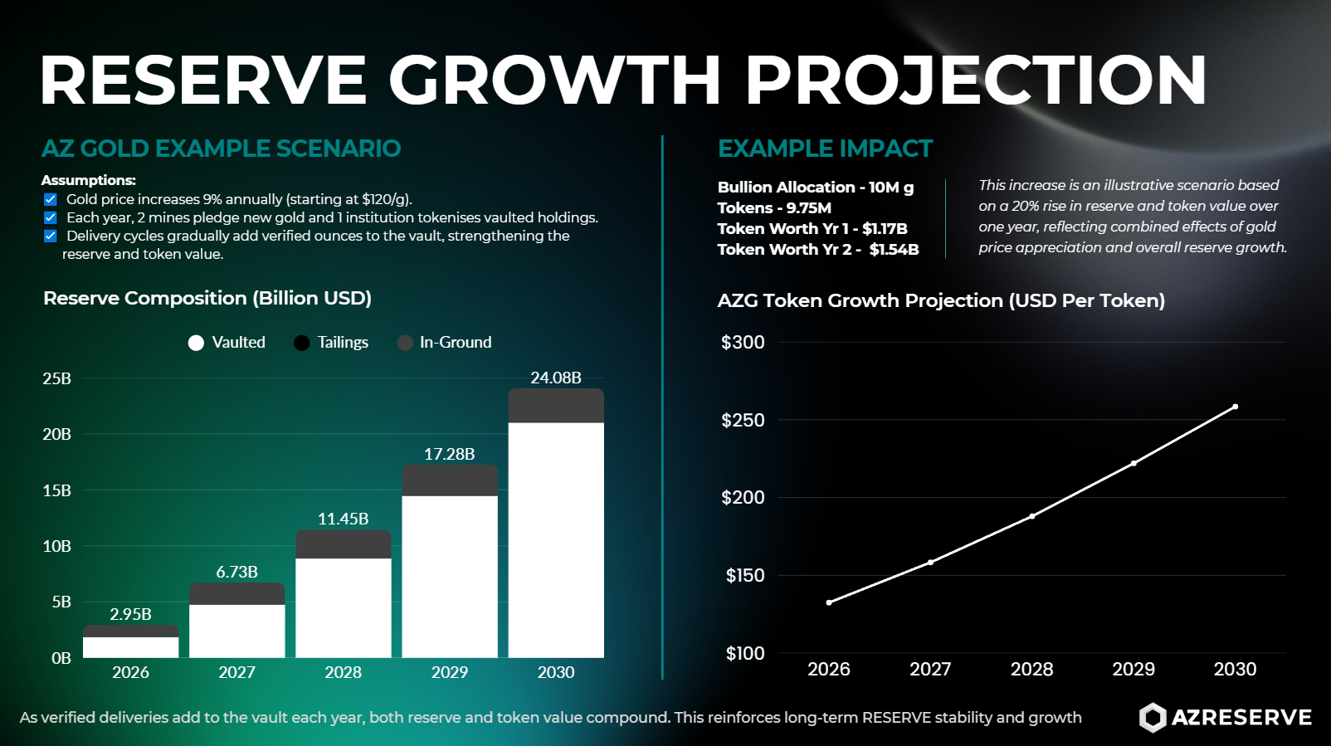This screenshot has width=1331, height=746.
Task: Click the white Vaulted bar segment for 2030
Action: pos(556,539)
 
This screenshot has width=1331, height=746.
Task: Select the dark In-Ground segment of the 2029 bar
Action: pos(450,480)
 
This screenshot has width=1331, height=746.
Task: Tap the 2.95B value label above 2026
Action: pos(130,614)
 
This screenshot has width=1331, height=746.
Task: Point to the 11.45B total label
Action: pos(343,519)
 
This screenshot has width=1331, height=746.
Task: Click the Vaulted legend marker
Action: pos(196,343)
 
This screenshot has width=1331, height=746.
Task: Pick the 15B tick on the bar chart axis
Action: pos(56,490)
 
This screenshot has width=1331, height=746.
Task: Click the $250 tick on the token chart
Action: pos(743,420)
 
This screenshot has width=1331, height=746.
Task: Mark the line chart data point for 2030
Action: pos(1235,407)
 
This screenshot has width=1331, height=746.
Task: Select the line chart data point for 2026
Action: pos(829,602)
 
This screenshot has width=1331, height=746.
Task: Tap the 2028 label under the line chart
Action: pos(1031,669)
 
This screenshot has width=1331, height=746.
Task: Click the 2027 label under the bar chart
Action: pos(236,672)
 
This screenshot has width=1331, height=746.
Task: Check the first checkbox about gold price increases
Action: pos(51,199)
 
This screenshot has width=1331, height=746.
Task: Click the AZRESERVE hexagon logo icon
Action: pos(1152,718)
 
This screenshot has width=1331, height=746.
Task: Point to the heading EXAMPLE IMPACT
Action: pos(825,149)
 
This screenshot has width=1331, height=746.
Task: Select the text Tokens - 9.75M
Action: pos(774,207)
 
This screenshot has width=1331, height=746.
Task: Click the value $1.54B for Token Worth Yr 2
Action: pos(894,249)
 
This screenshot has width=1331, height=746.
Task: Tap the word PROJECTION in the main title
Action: pos(975,80)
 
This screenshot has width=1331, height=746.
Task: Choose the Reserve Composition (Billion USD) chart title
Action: pos(207,298)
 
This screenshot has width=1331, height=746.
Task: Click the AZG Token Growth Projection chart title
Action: pos(941,300)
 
